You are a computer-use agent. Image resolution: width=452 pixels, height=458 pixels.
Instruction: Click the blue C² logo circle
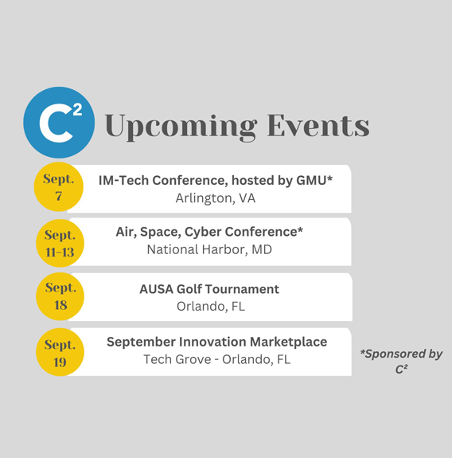tap(59, 123)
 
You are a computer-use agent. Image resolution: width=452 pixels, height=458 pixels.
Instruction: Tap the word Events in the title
tap(318, 125)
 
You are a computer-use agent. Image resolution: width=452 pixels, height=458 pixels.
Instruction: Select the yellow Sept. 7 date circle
tap(59, 186)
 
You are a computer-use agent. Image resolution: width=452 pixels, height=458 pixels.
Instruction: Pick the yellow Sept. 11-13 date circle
tap(60, 243)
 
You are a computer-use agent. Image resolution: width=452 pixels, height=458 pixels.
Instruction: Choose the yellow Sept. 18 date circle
tap(60, 296)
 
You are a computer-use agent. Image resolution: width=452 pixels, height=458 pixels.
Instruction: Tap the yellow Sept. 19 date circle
tap(60, 352)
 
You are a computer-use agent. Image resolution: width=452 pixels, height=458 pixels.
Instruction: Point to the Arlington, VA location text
tap(216, 198)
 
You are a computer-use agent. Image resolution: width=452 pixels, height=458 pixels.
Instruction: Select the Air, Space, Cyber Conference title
tap(209, 232)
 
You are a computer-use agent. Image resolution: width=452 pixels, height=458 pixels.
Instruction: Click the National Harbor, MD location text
tap(209, 249)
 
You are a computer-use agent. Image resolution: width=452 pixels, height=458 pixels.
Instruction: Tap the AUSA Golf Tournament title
tap(209, 289)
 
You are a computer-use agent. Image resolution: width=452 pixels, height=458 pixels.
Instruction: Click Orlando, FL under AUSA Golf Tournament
tap(211, 307)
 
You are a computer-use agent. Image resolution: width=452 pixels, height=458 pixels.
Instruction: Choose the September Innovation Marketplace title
tap(216, 342)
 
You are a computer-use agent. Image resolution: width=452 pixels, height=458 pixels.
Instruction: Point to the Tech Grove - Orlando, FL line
tap(216, 359)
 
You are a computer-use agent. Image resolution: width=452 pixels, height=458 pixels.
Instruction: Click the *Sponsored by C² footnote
tap(401, 362)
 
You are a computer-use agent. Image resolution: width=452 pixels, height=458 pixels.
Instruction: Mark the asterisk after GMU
tap(329, 178)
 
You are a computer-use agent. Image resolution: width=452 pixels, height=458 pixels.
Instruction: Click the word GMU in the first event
tap(311, 180)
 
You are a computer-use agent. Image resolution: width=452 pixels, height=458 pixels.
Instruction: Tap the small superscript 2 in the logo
tap(77, 110)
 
